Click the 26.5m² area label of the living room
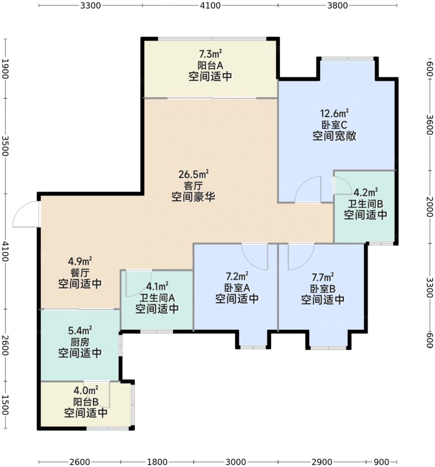(193, 174)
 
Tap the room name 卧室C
(335, 125)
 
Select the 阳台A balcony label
(210, 65)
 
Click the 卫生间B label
(365, 204)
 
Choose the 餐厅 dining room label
(80, 272)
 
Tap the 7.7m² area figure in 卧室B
(323, 277)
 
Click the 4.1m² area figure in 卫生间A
(157, 286)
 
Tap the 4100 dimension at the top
(210, 5)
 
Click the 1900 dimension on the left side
(5, 68)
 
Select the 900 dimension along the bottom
(381, 462)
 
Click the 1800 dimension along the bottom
(157, 462)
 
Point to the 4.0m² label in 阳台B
(86, 390)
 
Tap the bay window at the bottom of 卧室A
(253, 347)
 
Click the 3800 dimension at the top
(337, 5)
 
